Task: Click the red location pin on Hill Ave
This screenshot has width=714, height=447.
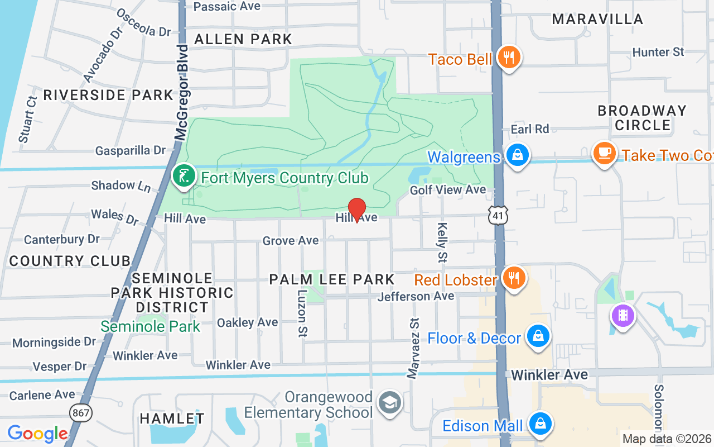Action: coord(356,210)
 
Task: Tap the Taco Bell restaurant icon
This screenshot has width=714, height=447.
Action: coord(508,57)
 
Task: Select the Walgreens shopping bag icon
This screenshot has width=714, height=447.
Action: coord(518,155)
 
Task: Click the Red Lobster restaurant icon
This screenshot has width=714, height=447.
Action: coord(513,277)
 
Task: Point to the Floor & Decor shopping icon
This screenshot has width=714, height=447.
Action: coord(538,336)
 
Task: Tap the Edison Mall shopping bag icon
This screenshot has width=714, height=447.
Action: coord(540,424)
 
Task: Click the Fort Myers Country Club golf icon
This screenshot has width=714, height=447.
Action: coord(183,176)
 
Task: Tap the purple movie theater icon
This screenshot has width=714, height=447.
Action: coord(623,316)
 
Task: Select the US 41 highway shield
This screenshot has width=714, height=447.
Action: coord(498,215)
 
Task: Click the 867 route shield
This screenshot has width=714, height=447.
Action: coord(80,413)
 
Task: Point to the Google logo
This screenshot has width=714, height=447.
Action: coord(37,434)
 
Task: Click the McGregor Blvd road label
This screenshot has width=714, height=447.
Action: coord(182,92)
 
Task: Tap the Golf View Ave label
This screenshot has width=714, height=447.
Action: coord(448,190)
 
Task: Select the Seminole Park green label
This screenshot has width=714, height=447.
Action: coord(150,326)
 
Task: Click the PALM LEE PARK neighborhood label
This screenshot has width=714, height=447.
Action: coord(332,279)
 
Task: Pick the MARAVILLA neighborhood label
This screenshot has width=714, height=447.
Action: coord(597,19)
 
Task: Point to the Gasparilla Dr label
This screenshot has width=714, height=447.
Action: coord(131,150)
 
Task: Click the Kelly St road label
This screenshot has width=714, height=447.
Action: coord(442,242)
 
